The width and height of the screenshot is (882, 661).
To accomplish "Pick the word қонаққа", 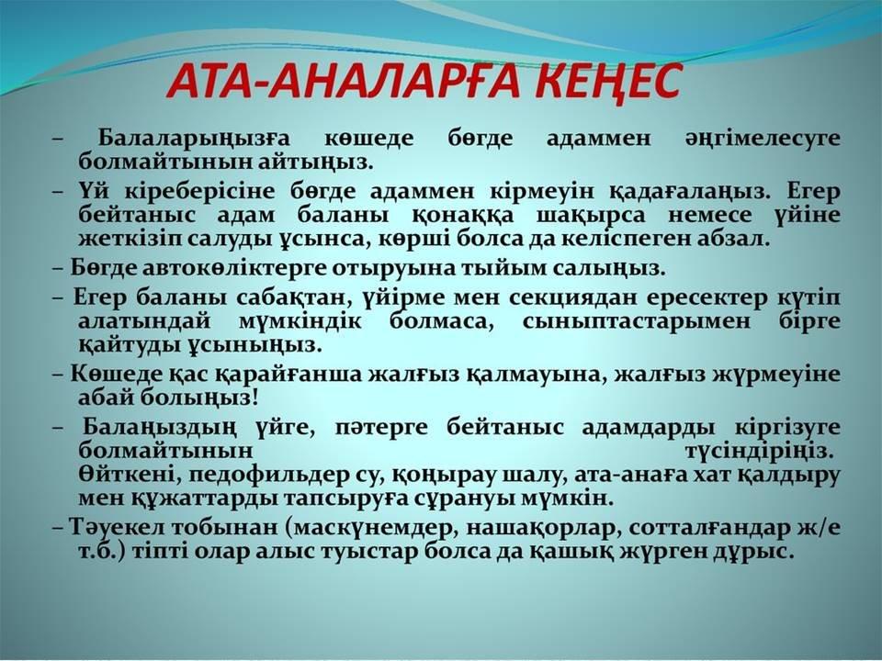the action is pos(462,216).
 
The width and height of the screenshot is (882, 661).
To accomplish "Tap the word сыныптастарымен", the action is pos(636,322).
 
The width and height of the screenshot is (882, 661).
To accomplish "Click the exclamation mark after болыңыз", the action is pos(256,398).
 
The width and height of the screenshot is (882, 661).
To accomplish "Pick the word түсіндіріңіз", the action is pos(761,452).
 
